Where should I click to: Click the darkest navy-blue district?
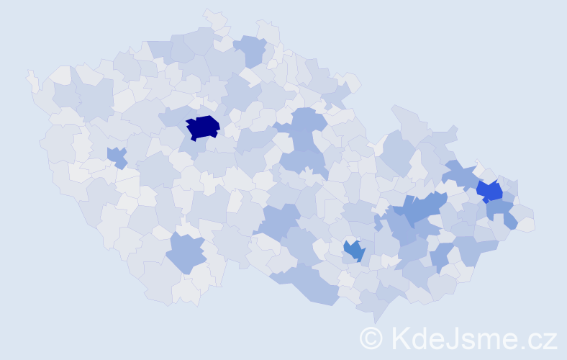202,127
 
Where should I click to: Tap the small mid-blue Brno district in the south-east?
354,250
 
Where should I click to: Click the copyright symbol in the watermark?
371,337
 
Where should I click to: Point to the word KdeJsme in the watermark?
454,337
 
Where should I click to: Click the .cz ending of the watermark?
538,338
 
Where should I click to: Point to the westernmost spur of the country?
31,78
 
